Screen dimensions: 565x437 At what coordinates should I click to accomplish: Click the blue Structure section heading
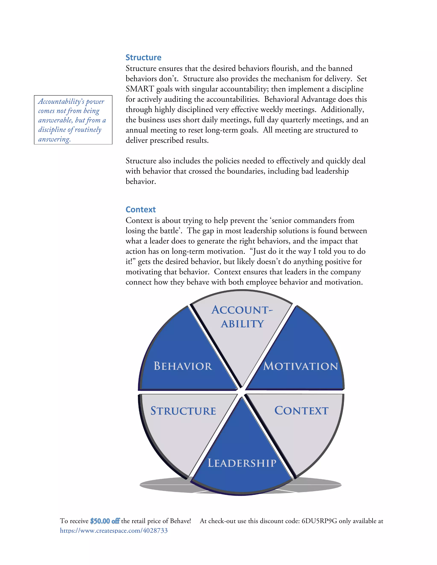click(143, 57)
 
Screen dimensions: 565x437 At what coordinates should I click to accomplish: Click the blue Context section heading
click(141, 210)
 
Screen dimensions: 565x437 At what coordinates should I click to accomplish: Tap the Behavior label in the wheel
click(183, 366)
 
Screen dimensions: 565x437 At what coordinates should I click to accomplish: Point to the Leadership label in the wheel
click(242, 463)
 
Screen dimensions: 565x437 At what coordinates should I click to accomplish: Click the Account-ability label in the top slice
click(242, 317)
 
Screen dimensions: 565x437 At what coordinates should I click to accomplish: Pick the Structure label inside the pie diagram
click(183, 411)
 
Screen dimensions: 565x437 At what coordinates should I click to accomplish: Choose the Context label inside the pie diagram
click(301, 411)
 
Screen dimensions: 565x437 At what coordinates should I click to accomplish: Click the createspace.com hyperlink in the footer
click(114, 531)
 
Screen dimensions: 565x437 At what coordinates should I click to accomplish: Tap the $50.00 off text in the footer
click(105, 521)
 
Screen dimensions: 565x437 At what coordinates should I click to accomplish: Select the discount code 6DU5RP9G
click(319, 521)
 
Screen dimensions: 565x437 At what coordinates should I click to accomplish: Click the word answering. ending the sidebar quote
click(54, 139)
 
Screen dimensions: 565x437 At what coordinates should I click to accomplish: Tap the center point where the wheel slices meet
click(241, 391)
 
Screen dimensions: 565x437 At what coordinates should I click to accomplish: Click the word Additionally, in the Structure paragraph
click(342, 109)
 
